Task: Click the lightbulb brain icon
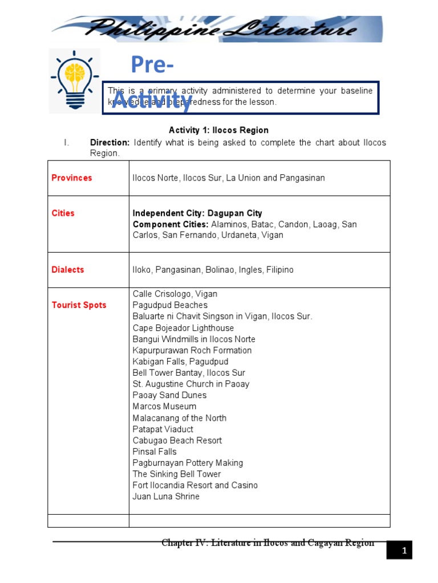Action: pos(74,80)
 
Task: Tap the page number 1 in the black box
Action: pos(403,551)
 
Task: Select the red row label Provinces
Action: pos(72,178)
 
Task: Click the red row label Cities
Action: pos(63,213)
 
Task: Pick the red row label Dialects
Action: pos(68,270)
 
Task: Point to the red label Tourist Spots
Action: pos(79,305)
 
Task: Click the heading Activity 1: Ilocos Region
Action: pos(218,130)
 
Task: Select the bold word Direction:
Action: pos(110,142)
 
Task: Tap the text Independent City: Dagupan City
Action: pos(197,213)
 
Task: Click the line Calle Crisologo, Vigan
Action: pos(175,294)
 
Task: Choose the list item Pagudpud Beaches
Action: pos(170,305)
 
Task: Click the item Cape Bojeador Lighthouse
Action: pos(183,328)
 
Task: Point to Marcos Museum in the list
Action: pos(164,407)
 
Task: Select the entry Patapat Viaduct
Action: pos(163,429)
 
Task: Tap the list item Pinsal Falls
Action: pos(155,451)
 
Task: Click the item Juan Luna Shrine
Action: pos(166,496)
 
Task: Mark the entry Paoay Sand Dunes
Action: pos(169,395)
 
